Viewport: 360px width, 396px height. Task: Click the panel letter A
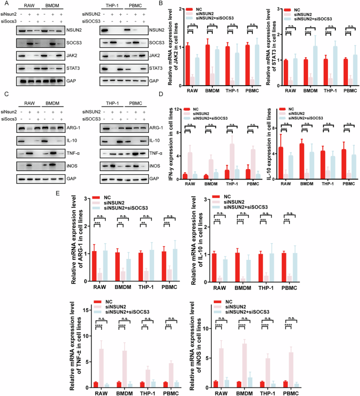click(4, 4)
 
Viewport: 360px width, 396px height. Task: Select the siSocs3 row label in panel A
click(13, 22)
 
